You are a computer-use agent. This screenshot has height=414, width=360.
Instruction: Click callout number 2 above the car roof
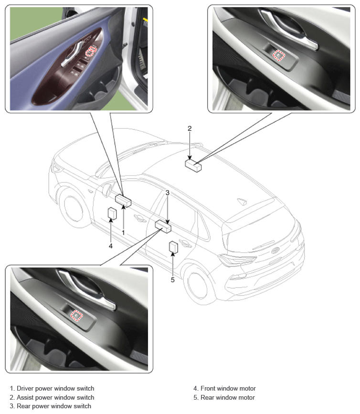tap(190, 128)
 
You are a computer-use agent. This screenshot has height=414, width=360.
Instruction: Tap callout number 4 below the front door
tap(111, 246)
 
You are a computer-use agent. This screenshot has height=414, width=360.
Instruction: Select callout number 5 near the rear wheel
tap(173, 280)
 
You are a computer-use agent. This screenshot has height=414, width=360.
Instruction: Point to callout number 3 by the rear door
tap(167, 193)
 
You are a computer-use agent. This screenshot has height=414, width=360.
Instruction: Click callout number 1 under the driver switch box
tap(123, 233)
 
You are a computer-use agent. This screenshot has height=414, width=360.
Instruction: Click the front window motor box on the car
tap(112, 213)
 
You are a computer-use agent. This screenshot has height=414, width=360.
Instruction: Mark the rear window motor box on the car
tap(173, 247)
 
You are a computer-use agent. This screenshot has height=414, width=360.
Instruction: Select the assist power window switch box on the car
tap(193, 166)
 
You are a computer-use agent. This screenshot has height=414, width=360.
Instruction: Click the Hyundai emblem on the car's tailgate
tap(275, 250)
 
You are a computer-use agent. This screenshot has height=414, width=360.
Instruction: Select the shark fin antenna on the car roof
tap(242, 201)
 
